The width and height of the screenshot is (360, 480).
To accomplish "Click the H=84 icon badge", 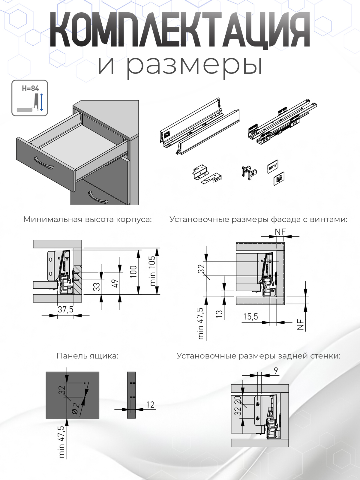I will [30, 98].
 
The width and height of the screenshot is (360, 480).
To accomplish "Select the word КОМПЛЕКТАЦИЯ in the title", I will [180, 30].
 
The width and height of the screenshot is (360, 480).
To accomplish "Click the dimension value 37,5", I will [65, 309].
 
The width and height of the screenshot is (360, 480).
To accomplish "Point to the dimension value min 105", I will [153, 271].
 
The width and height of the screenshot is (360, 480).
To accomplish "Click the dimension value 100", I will [133, 271].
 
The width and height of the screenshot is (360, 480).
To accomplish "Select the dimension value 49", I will [115, 283].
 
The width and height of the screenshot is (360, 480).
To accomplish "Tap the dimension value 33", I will [96, 287].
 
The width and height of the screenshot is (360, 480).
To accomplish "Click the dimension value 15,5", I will [250, 317].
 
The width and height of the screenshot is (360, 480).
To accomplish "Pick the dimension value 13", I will [219, 314].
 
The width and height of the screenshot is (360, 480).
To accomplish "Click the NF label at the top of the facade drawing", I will [280, 232].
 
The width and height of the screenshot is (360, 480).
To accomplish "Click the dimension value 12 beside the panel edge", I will [150, 405].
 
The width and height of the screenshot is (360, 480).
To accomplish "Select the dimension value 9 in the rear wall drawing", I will [276, 371].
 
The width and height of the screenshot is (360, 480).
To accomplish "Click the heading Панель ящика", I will [88, 356].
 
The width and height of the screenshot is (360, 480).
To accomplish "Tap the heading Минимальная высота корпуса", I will [88, 220].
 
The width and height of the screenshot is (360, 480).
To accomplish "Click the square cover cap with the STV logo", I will [273, 166].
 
